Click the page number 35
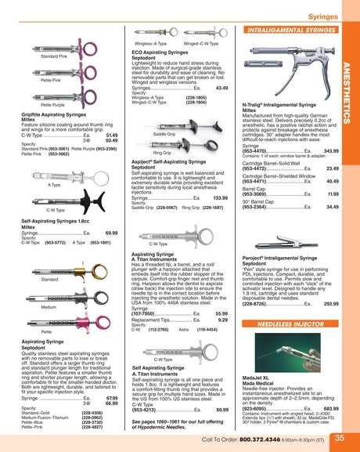339,439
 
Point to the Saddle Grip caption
164,134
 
